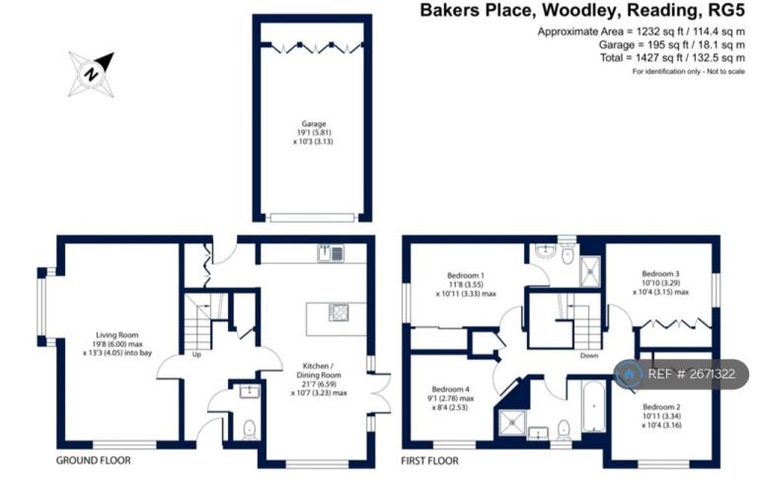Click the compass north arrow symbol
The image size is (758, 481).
tap(92, 74)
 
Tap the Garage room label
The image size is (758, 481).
tap(313, 131)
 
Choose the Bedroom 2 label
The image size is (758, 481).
tap(662, 414)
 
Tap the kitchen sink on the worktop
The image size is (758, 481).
tap(330, 252)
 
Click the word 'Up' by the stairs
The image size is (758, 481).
tap(196, 354)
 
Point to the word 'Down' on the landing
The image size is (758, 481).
tap(589, 355)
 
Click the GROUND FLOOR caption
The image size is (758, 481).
tap(91, 460)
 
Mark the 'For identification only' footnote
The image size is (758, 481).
tap(688, 72)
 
